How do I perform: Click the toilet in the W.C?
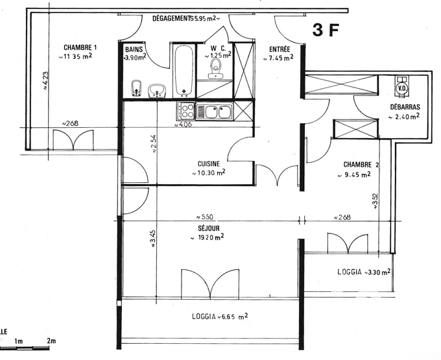(x=215, y=68)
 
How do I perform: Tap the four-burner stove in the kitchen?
(x=186, y=110)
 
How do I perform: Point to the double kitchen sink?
(x=215, y=112)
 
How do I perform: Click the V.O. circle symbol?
(x=401, y=88)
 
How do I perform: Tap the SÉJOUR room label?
(x=209, y=228)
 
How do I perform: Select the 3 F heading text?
(x=326, y=30)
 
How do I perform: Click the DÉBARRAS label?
(x=405, y=107)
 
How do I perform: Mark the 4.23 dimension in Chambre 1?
(x=45, y=80)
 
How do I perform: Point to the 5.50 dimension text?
(x=204, y=217)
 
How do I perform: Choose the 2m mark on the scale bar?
(x=51, y=341)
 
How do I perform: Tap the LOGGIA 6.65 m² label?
(x=220, y=317)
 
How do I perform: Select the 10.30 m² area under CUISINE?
(x=208, y=173)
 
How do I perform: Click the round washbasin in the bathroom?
(x=157, y=90)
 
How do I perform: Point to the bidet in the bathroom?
(x=136, y=89)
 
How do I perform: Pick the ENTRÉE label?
(x=280, y=49)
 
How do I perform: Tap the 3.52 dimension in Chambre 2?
(x=375, y=201)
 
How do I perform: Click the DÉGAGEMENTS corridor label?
(x=172, y=18)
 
